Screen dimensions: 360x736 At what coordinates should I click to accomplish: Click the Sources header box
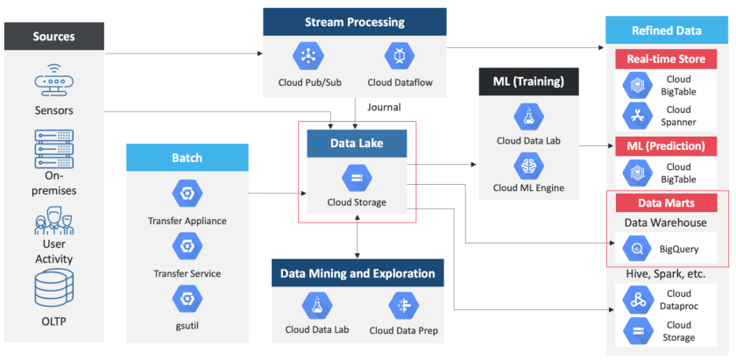click(53, 36)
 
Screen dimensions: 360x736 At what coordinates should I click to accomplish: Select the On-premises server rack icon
click(53, 148)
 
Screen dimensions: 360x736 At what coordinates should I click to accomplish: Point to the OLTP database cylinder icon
click(53, 289)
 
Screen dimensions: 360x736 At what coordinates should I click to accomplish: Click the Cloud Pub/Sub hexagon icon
click(308, 56)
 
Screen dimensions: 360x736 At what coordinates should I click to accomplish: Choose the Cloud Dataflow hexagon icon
click(399, 56)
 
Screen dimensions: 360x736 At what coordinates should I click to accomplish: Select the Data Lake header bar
click(357, 144)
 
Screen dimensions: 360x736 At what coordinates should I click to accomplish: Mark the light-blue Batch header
click(188, 158)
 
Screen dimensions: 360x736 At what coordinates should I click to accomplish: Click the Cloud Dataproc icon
click(635, 300)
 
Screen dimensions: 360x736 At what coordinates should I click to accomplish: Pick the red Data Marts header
click(667, 202)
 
